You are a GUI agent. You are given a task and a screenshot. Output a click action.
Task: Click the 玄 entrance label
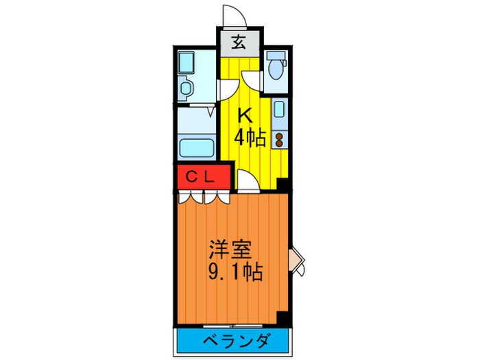(239, 43)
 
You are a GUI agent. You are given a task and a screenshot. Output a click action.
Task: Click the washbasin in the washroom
(185, 64)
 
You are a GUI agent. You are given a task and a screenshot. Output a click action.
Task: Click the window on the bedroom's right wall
(296, 259)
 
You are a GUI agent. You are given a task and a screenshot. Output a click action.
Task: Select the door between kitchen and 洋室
(248, 180)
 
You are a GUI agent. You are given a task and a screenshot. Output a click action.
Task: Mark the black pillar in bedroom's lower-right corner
(282, 317)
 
